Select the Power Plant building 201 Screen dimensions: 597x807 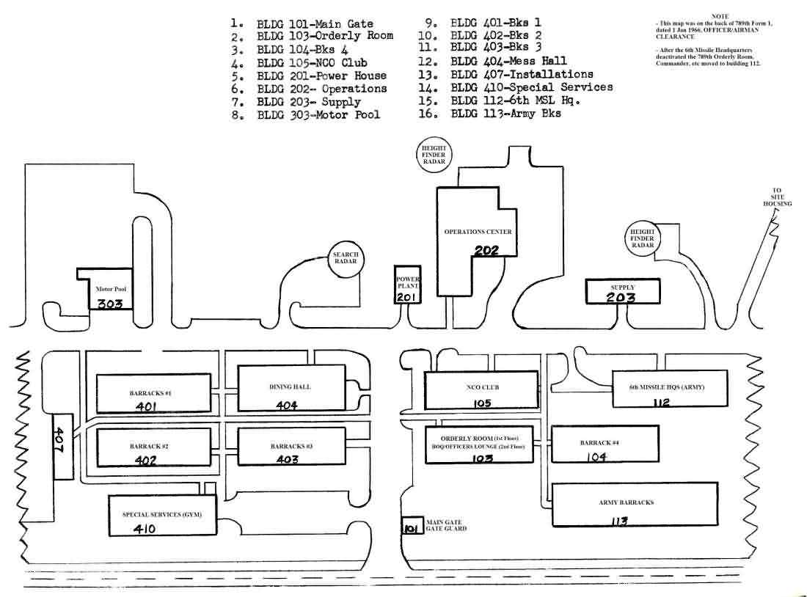tap(407, 285)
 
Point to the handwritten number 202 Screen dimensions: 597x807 tap(486, 251)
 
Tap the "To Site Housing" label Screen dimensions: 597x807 tap(777, 197)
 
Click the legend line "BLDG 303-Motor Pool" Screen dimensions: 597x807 tap(318, 115)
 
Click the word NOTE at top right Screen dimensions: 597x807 tap(719, 16)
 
